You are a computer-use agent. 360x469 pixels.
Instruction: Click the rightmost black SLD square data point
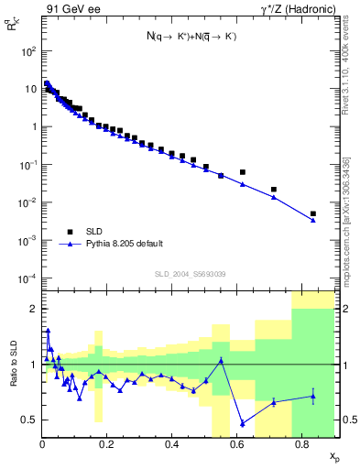coord(313,213)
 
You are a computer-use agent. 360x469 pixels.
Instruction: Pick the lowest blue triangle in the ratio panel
coord(242,423)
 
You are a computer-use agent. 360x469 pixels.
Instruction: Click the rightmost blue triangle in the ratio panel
coord(313,396)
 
